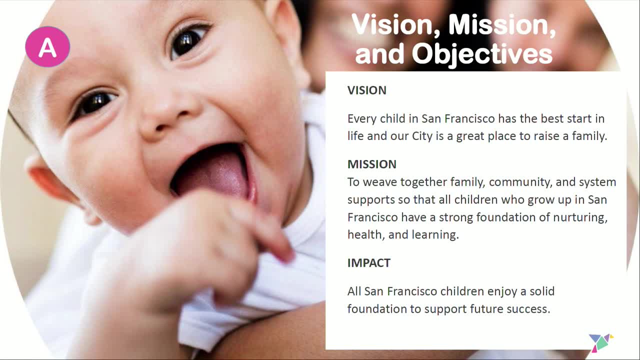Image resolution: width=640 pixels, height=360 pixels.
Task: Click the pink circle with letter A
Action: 47,47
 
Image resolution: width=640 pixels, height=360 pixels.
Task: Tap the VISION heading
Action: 366,90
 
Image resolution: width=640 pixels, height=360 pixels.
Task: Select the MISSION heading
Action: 371,164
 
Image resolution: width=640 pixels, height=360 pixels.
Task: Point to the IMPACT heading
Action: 368,263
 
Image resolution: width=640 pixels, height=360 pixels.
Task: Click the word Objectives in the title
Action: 482,53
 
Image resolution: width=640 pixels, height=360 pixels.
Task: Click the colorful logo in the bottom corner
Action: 600,342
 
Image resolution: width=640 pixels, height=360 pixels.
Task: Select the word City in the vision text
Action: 421,136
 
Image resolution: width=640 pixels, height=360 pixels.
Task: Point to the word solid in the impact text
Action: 541,291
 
